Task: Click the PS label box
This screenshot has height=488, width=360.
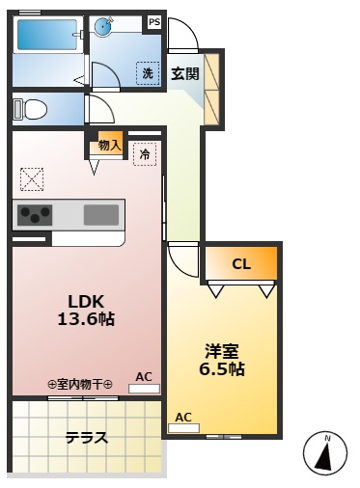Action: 154,22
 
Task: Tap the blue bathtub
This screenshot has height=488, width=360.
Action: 47,35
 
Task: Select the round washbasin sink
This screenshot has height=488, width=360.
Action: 103,25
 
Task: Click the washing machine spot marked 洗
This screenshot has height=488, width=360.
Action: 148,73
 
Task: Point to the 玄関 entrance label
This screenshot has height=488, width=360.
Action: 185,73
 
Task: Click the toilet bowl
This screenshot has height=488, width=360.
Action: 31,109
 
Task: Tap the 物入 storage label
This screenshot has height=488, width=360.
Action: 110,146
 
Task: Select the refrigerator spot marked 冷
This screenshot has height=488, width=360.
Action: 145,154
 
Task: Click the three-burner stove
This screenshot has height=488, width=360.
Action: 35,215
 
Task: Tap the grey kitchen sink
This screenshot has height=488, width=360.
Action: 101,215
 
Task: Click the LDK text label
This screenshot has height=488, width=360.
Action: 86,302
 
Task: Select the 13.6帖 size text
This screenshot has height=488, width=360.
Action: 86,319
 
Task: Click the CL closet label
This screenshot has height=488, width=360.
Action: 241,264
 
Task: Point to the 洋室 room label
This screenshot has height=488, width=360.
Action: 222,351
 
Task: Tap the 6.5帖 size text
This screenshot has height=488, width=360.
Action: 222,368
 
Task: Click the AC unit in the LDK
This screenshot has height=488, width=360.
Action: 144,389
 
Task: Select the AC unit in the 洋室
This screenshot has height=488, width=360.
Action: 183,428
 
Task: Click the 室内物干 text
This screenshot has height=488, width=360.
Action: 80,384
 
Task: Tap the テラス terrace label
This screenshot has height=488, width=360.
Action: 87,438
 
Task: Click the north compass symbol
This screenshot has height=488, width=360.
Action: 325,453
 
